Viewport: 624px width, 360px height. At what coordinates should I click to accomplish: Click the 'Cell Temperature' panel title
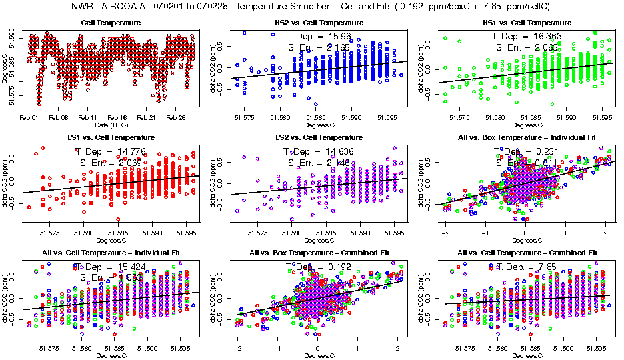(x=111, y=23)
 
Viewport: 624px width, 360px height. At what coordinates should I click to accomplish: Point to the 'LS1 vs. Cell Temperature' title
(x=111, y=138)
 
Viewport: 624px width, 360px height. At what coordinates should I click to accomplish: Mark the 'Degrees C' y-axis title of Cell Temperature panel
(x=5, y=68)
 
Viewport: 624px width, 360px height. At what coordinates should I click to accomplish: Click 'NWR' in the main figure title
(x=81, y=7)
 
